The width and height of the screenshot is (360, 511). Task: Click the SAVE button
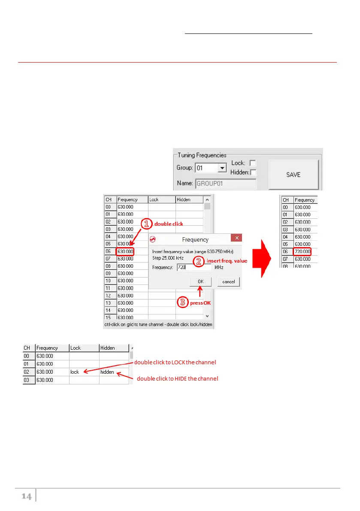[293, 175]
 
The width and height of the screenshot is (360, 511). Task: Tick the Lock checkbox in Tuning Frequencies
[253, 163]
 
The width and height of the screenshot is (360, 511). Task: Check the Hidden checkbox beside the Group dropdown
[253, 172]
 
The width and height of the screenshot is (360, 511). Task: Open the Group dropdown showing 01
[221, 168]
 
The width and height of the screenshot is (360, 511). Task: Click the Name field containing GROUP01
[226, 184]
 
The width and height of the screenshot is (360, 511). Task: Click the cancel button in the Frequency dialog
[228, 281]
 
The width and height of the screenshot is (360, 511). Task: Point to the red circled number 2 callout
[200, 261]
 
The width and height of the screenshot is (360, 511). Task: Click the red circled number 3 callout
[183, 302]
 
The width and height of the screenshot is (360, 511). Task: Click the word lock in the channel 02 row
[75, 372]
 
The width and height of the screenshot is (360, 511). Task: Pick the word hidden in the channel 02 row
[107, 372]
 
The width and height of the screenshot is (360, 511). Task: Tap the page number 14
[27, 496]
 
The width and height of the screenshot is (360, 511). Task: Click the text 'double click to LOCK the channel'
[175, 363]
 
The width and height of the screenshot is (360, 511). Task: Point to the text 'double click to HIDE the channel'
[177, 379]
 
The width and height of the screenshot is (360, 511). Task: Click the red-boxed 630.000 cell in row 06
[125, 251]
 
